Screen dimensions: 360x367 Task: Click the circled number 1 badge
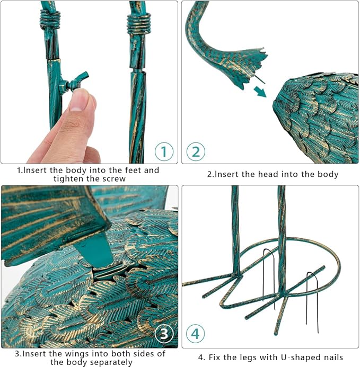click(x=164, y=151)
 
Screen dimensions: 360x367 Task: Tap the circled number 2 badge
click(x=196, y=151)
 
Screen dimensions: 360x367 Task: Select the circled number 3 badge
click(x=164, y=334)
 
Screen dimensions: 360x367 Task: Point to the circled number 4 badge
click(x=196, y=334)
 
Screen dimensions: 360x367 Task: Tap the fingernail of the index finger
click(x=78, y=101)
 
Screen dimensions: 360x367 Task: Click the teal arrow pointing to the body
click(x=260, y=91)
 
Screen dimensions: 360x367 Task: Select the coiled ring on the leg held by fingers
click(x=50, y=20)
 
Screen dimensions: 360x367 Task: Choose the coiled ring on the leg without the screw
click(x=139, y=24)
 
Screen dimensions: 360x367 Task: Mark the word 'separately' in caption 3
click(x=109, y=363)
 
